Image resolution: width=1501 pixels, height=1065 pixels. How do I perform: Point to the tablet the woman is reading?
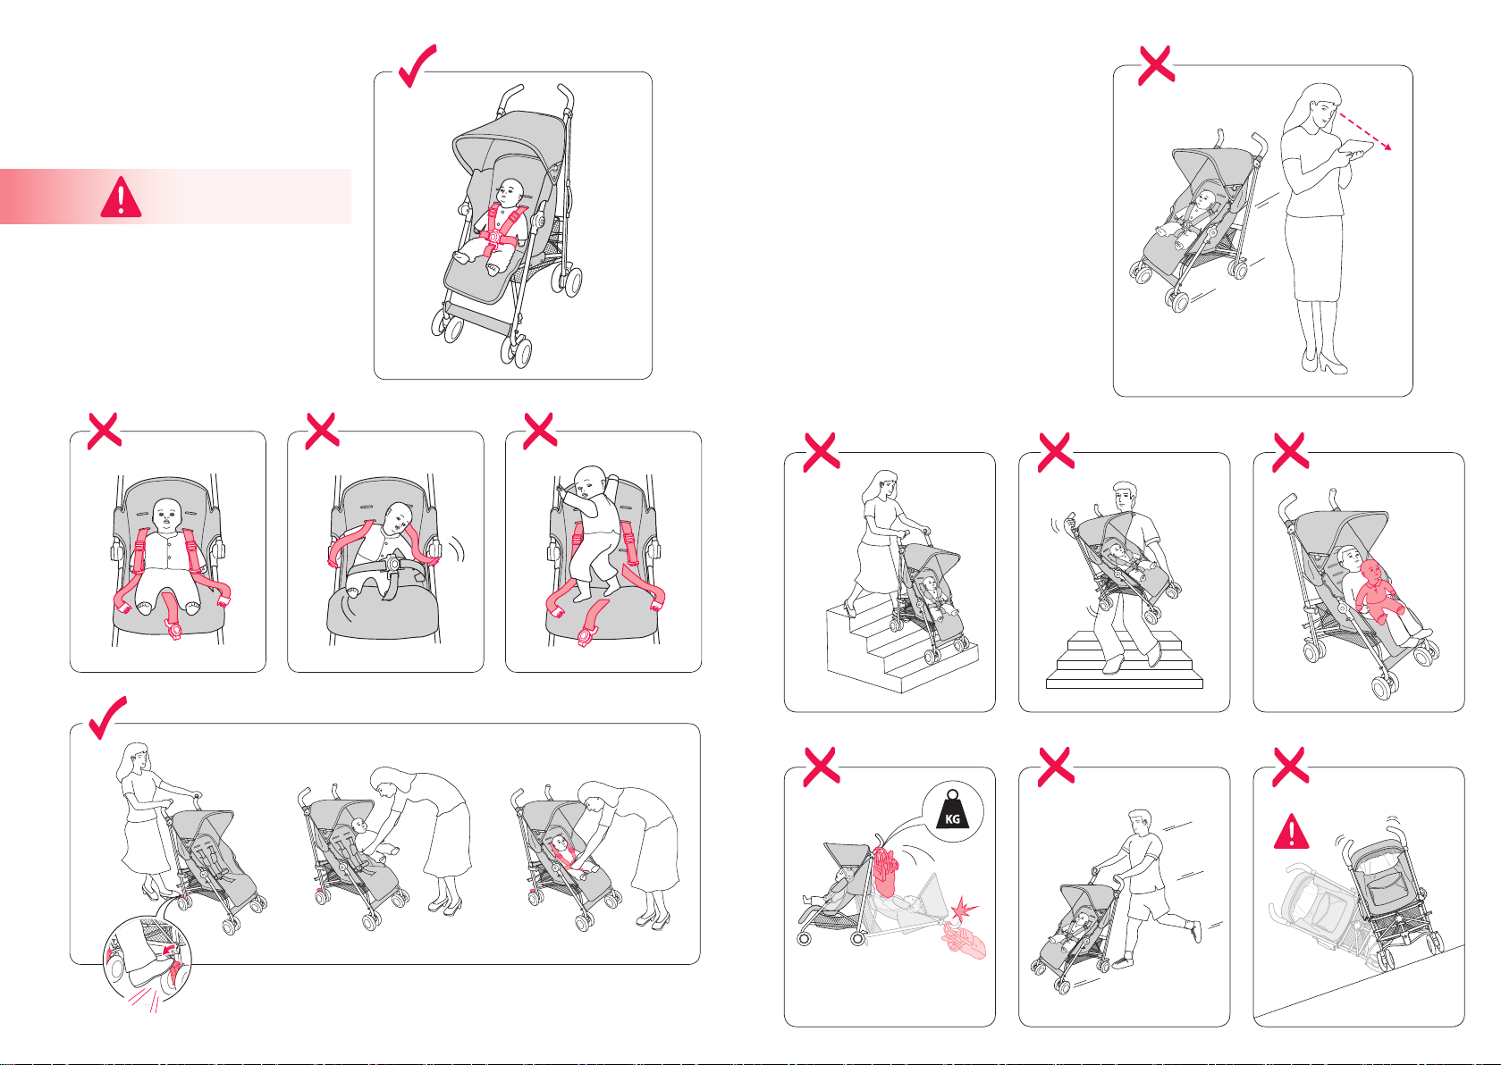click(x=1355, y=148)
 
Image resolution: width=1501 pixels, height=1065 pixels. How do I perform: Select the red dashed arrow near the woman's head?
click(x=1364, y=131)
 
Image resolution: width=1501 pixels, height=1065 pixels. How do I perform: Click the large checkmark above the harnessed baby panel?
click(x=417, y=65)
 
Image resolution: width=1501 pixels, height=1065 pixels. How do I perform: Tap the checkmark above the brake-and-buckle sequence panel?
click(x=107, y=717)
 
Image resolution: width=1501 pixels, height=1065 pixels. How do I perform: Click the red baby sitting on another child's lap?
click(x=1377, y=591)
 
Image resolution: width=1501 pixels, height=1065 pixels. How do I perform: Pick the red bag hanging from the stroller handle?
click(x=886, y=872)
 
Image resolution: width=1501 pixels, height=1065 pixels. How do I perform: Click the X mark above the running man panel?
click(x=1056, y=766)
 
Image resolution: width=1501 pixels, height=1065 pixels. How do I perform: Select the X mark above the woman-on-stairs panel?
click(x=822, y=451)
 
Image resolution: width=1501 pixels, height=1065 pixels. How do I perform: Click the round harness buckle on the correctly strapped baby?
click(x=493, y=237)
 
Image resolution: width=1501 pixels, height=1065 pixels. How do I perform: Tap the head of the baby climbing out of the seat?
click(x=590, y=482)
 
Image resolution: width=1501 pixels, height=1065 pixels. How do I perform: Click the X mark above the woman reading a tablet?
click(x=1157, y=65)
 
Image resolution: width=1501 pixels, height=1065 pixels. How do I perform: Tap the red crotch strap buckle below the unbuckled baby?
click(x=174, y=630)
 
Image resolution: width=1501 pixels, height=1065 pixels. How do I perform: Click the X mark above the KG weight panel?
click(x=822, y=766)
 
